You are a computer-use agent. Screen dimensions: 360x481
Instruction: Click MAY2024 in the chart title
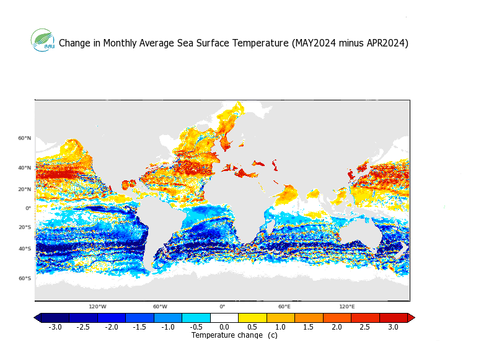tap(313, 43)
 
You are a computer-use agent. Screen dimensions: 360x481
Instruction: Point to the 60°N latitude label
tap(25, 138)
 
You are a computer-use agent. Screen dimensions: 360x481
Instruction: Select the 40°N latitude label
tap(25, 168)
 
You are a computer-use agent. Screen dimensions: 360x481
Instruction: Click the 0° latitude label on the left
tap(29, 208)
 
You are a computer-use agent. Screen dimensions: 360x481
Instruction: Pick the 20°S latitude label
tap(25, 227)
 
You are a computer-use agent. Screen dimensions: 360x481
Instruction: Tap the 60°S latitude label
tap(25, 278)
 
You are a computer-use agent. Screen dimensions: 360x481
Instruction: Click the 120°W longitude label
tap(97, 307)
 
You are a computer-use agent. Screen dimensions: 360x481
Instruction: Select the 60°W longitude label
tap(160, 307)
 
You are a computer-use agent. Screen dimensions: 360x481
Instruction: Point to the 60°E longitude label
tap(284, 307)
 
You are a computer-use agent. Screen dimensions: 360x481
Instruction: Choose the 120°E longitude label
tap(346, 307)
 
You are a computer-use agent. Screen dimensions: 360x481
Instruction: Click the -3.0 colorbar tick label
tap(55, 327)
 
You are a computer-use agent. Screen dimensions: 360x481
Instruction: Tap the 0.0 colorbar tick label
tap(224, 327)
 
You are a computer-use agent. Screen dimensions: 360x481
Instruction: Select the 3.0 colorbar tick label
tap(393, 327)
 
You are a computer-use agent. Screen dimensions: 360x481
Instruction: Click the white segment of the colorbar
tap(224, 318)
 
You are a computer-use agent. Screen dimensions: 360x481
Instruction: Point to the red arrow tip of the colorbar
tap(412, 318)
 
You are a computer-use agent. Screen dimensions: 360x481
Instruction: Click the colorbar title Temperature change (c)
tap(234, 335)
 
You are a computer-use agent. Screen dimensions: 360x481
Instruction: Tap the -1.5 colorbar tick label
tap(139, 327)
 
